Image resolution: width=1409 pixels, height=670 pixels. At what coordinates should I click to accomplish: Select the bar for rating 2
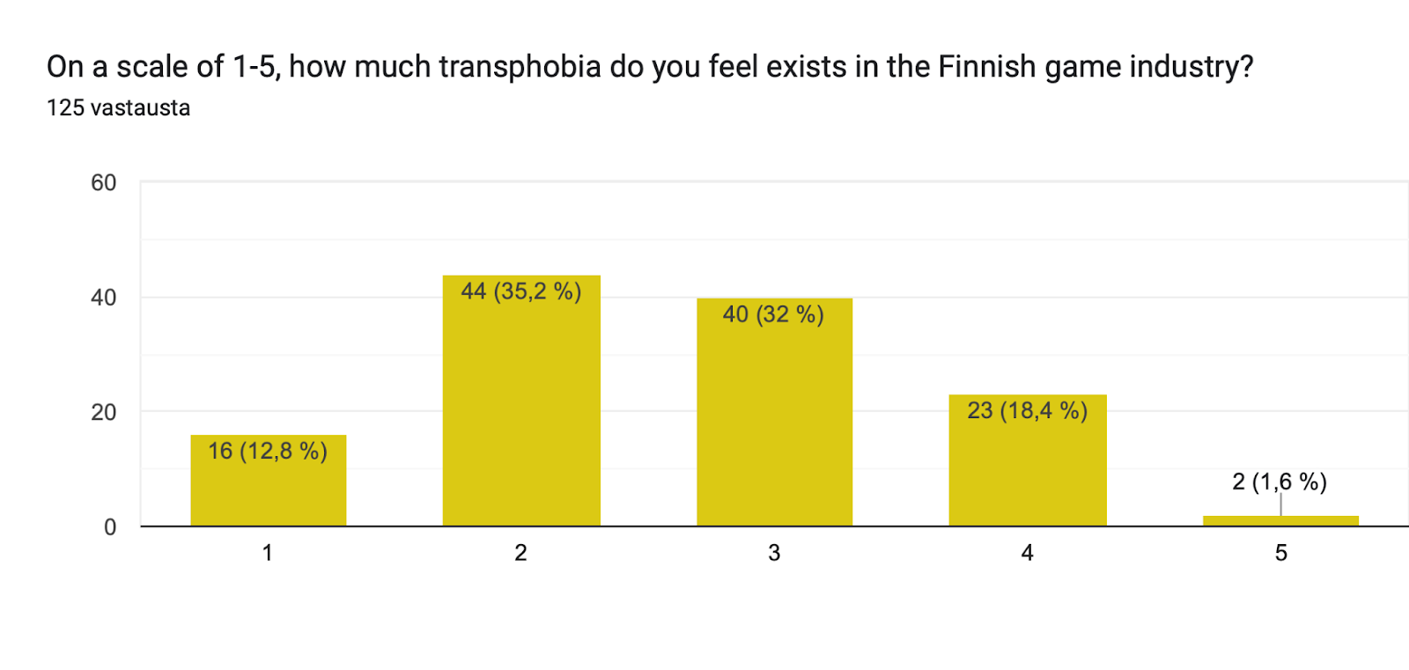point(521,414)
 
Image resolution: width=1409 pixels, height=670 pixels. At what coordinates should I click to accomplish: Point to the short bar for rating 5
point(1280,521)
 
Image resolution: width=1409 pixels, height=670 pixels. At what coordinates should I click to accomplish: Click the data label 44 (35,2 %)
point(521,291)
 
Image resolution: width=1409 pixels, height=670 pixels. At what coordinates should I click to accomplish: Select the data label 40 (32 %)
point(773,314)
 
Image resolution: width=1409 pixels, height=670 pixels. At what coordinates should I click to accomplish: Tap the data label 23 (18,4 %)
point(1027,410)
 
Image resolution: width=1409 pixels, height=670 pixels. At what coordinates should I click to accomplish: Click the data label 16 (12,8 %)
point(268,451)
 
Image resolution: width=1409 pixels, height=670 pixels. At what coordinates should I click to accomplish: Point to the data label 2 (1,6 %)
point(1280,482)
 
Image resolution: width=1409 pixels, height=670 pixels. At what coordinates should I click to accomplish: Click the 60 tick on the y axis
point(104,183)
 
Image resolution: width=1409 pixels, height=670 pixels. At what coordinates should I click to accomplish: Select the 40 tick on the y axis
point(104,298)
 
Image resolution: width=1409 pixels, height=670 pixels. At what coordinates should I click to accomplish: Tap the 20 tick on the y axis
point(104,412)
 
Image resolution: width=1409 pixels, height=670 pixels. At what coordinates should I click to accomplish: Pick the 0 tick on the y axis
point(110,527)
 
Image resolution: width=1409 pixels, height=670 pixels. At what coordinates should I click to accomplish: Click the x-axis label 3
point(774,553)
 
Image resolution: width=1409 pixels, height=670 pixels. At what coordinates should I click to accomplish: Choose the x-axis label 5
point(1280,553)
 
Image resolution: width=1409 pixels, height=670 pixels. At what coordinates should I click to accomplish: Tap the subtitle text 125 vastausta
point(118,107)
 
